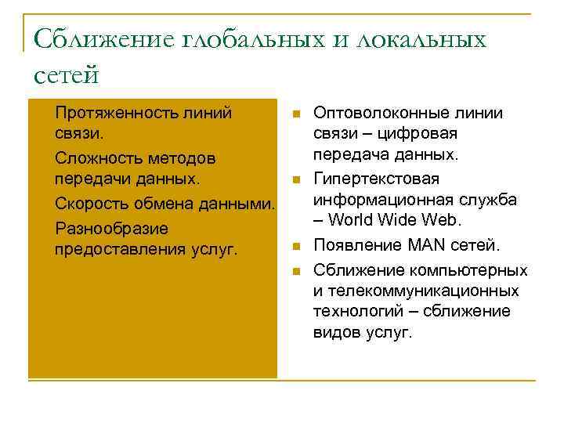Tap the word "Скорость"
(x=92, y=204)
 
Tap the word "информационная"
(x=376, y=200)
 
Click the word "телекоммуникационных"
(x=423, y=291)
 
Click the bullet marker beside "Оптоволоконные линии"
(x=295, y=114)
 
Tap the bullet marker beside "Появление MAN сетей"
(x=295, y=247)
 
